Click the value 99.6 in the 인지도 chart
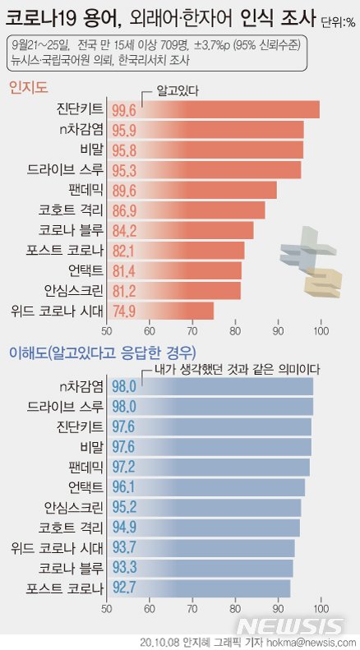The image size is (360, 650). [x=122, y=110]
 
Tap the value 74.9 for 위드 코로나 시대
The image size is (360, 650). [x=122, y=311]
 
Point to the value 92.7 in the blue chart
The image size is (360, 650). [x=122, y=588]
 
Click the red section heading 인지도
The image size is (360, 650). [x=27, y=86]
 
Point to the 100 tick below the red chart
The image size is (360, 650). [x=321, y=331]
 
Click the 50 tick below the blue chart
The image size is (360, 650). [x=106, y=608]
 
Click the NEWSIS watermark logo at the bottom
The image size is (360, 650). [x=305, y=625]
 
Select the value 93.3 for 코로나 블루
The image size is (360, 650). [x=122, y=568]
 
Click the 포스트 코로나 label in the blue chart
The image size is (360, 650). [x=65, y=588]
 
